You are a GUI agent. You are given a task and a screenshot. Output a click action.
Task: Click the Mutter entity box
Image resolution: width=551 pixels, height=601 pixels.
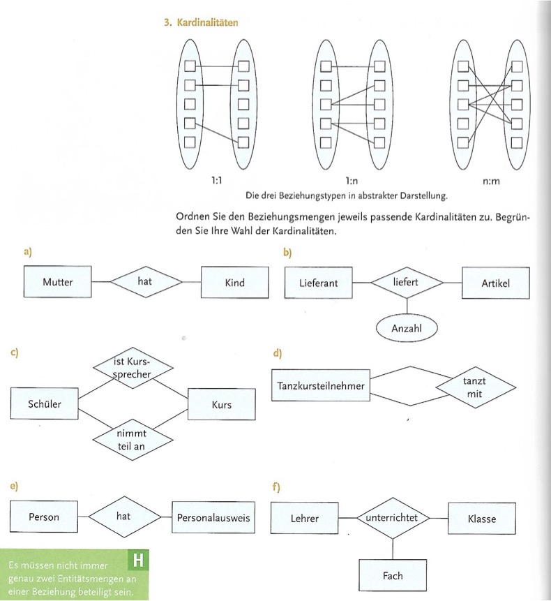pos(58,283)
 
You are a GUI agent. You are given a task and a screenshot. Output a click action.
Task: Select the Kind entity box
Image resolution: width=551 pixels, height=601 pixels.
pos(235,283)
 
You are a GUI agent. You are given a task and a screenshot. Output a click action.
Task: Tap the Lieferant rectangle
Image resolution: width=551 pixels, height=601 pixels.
pos(318,283)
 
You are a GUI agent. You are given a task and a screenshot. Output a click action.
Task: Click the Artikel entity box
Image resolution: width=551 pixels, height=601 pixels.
pos(495,283)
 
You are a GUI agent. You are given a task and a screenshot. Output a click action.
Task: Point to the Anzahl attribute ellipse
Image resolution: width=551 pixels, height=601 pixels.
pos(407,327)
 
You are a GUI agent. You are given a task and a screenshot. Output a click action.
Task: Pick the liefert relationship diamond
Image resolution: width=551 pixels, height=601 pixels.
pos(407,283)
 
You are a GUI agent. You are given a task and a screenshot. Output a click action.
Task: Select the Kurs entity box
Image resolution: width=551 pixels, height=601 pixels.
pos(221,405)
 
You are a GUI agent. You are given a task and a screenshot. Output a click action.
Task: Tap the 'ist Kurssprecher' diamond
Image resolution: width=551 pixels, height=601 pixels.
pos(132,367)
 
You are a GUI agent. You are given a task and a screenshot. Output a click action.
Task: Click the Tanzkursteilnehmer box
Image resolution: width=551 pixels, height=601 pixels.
pos(321,385)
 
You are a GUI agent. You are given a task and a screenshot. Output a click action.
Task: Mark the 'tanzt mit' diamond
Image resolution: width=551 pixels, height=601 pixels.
pos(474,387)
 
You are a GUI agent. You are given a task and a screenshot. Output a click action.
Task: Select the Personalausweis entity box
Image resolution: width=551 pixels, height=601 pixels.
pos(213,518)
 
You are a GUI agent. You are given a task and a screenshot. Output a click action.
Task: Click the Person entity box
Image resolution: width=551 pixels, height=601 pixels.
pos(45,518)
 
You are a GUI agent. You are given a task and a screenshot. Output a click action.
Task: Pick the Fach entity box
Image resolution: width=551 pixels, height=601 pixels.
pos(393,577)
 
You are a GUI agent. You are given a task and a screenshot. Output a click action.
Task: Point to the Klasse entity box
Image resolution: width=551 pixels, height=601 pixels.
pos(481,519)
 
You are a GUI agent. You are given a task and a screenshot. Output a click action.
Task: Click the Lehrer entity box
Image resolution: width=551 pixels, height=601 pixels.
pos(305,519)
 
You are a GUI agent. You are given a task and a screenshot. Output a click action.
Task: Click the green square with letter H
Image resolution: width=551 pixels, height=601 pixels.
pos(138,560)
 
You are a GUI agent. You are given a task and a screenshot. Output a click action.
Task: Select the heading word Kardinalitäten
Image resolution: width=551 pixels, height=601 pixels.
pos(207,22)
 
